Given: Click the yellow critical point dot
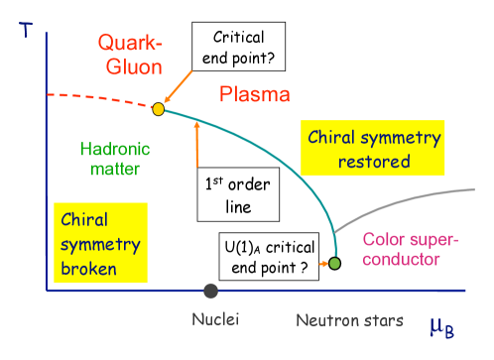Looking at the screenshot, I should [x=158, y=108].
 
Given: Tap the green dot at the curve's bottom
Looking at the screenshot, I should [x=335, y=263].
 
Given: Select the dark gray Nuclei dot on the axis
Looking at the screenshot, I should [x=210, y=290].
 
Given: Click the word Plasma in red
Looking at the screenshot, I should [x=255, y=95].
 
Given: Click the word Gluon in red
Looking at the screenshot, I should [x=127, y=67].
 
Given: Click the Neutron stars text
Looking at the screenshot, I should [x=349, y=320].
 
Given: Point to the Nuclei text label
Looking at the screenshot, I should [x=215, y=319].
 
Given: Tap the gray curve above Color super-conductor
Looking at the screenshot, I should [x=417, y=197].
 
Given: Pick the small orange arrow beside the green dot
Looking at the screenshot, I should [x=323, y=264].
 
